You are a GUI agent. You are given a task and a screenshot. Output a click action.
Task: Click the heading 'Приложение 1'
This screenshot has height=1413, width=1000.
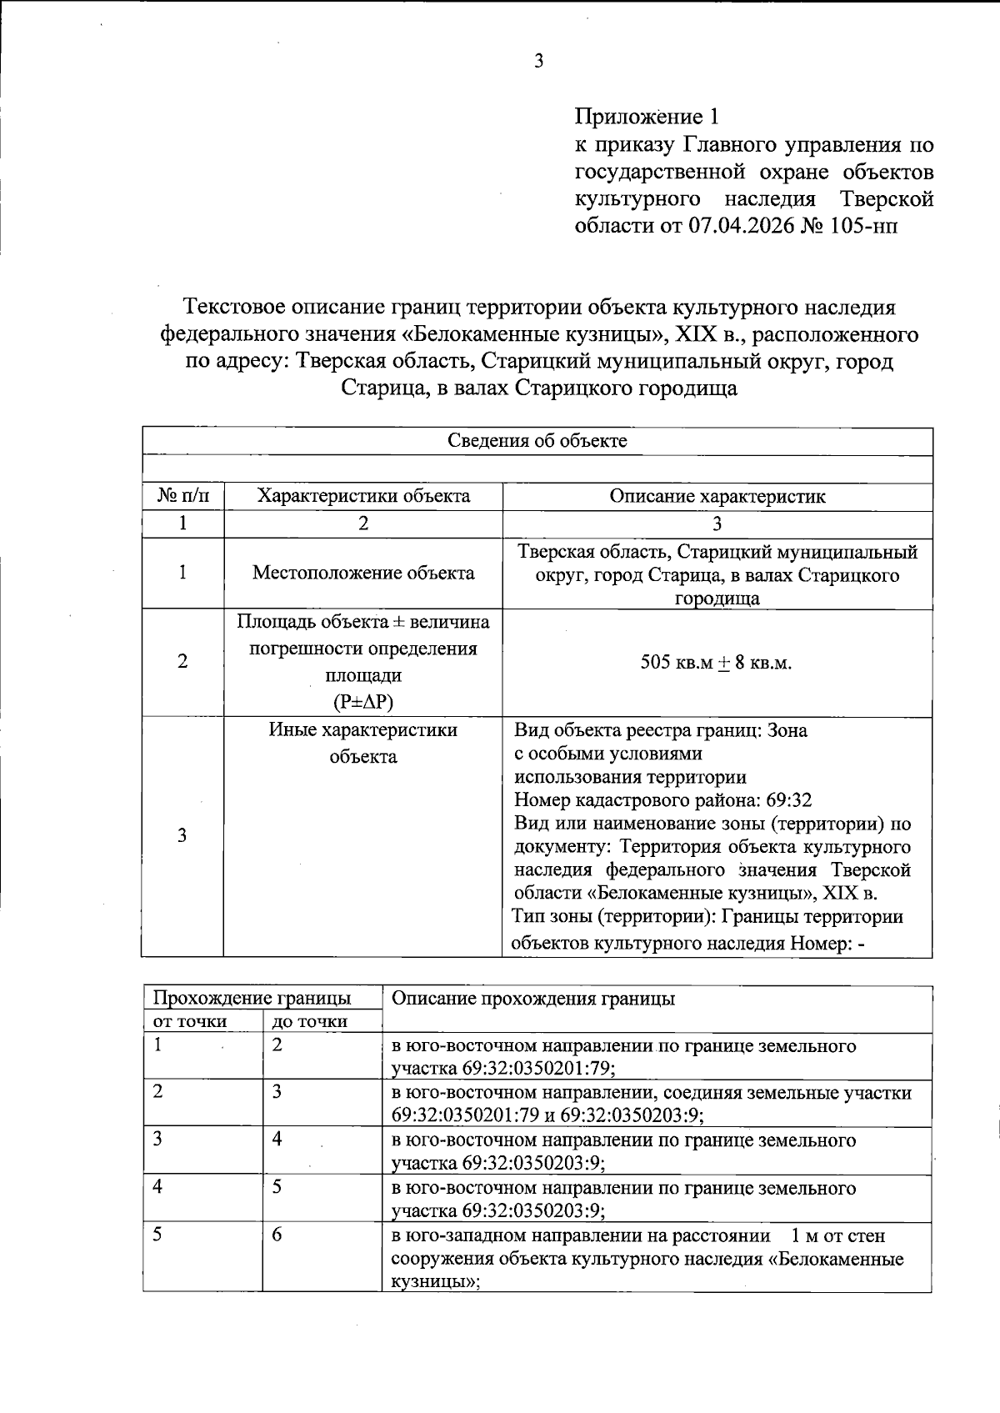[646, 116]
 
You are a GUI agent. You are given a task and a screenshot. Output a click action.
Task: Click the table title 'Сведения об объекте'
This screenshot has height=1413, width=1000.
[537, 441]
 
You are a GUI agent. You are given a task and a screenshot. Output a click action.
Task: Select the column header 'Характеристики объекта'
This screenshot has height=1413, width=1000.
[363, 497]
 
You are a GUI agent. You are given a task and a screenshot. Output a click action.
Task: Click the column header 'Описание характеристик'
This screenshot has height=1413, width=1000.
[717, 497]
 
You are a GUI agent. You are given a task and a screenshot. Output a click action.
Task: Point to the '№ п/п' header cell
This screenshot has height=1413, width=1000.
[182, 497]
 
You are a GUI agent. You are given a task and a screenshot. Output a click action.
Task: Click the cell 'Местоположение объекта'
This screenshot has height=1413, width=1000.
[363, 573]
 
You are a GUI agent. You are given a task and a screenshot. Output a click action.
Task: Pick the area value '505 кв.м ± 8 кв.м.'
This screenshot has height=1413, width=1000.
[716, 664]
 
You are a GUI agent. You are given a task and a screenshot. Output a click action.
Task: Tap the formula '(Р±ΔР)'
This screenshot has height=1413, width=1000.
[363, 702]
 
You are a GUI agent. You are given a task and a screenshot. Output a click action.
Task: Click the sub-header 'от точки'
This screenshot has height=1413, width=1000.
[190, 1022]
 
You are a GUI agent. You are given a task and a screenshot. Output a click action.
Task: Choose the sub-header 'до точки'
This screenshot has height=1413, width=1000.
[310, 1022]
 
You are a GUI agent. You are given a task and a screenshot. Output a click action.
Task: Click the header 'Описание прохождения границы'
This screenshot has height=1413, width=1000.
[532, 998]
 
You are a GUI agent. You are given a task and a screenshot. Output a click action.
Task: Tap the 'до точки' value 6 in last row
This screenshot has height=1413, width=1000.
[277, 1235]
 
